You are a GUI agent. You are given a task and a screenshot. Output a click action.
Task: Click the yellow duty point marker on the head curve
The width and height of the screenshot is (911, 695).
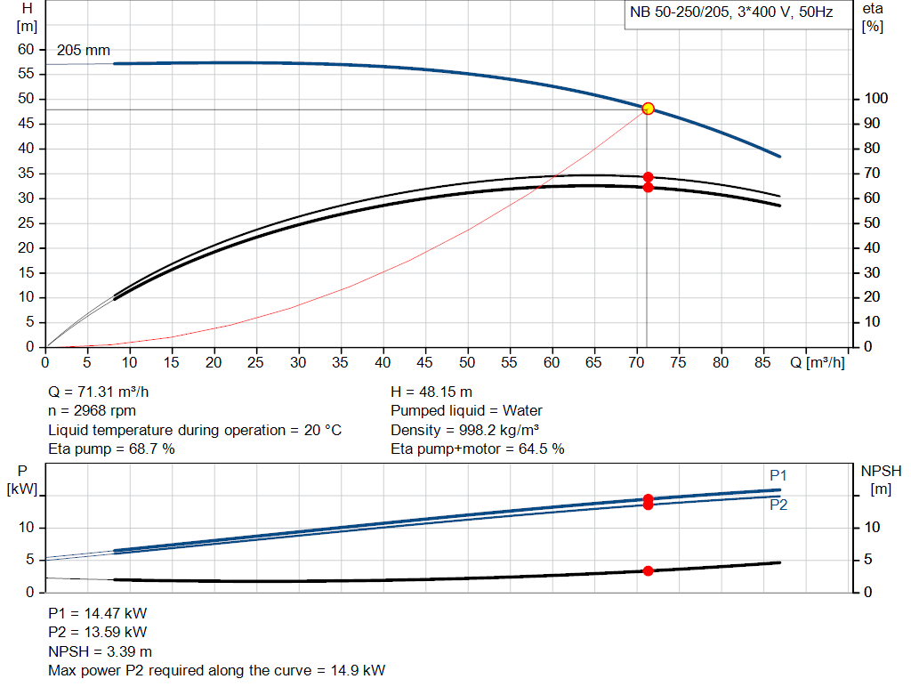pyautogui.click(x=648, y=109)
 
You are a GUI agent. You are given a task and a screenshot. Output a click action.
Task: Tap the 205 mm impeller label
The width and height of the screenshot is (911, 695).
pyautogui.click(x=84, y=51)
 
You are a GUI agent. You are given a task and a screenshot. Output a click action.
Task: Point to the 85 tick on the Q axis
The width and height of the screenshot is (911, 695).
pyautogui.click(x=762, y=362)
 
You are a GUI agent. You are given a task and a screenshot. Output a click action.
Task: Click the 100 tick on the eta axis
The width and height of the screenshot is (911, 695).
pyautogui.click(x=875, y=99)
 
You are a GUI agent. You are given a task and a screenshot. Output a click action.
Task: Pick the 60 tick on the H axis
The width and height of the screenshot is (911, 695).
pyautogui.click(x=26, y=49)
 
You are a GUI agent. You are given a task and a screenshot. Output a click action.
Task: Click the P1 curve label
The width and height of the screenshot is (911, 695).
pyautogui.click(x=778, y=475)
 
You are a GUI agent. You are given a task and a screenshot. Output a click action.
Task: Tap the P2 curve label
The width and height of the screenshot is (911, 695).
pyautogui.click(x=778, y=505)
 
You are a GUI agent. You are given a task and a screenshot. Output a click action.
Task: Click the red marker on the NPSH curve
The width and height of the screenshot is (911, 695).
pyautogui.click(x=648, y=570)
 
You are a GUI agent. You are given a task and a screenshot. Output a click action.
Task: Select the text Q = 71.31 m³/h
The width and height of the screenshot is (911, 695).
pyautogui.click(x=105, y=392)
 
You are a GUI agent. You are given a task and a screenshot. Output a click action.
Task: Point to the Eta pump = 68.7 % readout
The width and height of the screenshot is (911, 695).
pyautogui.click(x=111, y=449)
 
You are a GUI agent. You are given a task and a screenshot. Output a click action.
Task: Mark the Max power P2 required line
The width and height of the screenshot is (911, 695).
pyautogui.click(x=216, y=670)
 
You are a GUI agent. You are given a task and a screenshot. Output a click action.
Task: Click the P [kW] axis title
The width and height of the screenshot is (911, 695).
pyautogui.click(x=20, y=480)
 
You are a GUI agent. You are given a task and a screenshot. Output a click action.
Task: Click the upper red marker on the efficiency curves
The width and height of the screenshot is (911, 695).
pyautogui.click(x=648, y=177)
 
